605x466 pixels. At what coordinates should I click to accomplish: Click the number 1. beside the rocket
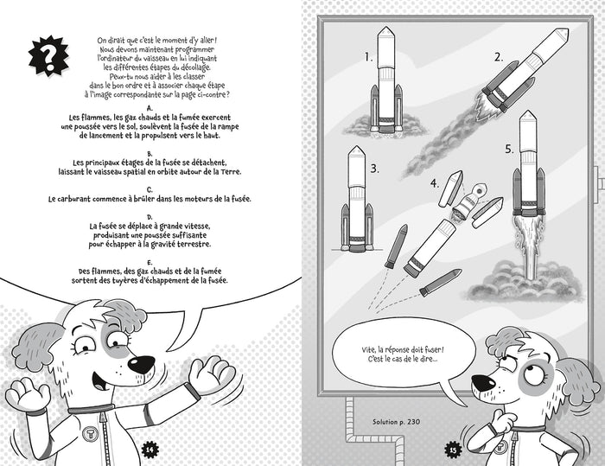point(369,59)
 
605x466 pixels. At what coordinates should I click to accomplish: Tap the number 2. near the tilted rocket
point(499,58)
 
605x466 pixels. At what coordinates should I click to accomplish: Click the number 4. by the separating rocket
point(434,183)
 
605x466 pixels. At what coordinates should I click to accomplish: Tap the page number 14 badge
point(148,447)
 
